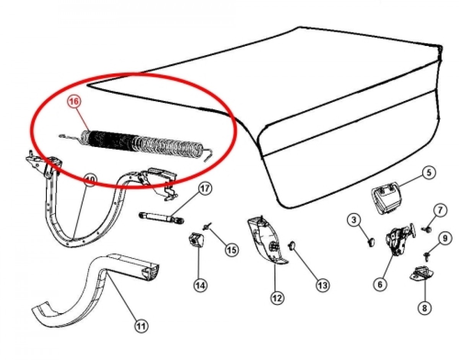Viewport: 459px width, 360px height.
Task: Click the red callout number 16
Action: coord(75,102)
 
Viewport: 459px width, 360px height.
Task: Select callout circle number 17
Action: coord(205,189)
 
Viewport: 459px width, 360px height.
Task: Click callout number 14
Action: coord(200,285)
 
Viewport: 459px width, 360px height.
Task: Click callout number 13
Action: coord(322,285)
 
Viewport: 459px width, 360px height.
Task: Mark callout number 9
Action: coord(444,239)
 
